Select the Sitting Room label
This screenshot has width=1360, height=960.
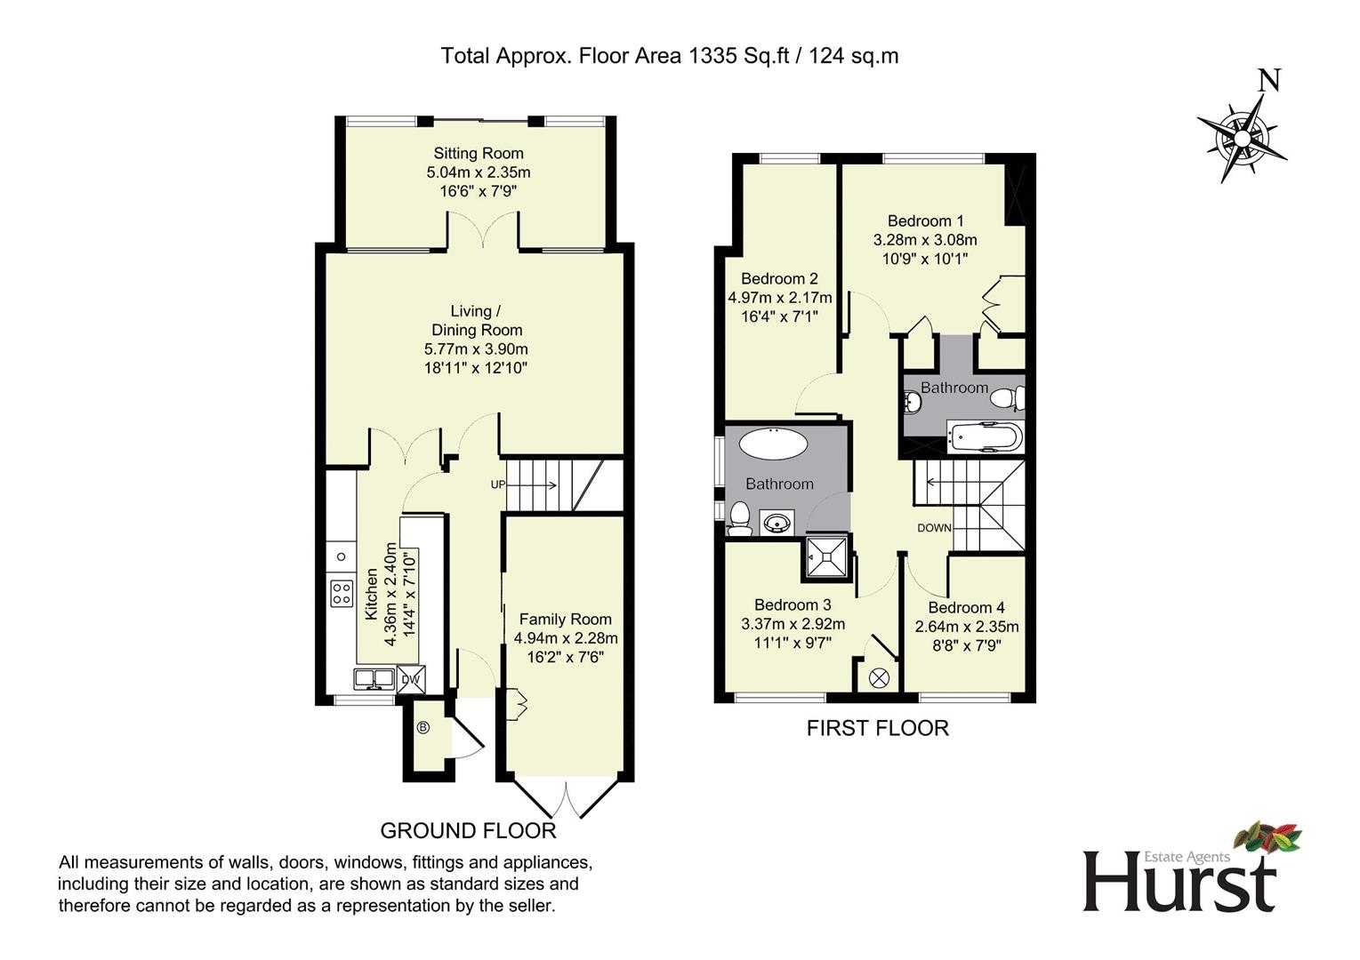click(479, 153)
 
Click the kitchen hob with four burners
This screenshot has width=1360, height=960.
click(342, 593)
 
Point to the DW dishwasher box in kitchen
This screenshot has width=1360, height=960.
click(410, 679)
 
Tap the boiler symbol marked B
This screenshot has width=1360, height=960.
click(423, 727)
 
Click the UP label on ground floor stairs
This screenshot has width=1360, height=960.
click(497, 484)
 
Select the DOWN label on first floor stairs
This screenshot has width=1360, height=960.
click(934, 528)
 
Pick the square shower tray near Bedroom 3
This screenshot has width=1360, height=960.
click(827, 557)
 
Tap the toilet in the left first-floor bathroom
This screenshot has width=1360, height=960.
click(740, 517)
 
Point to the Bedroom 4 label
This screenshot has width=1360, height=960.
click(966, 607)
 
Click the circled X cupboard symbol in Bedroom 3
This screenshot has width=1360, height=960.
click(879, 677)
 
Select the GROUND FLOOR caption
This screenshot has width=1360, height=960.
click(468, 830)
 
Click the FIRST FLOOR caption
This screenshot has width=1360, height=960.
click(877, 728)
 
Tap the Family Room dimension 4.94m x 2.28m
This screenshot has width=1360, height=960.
click(565, 638)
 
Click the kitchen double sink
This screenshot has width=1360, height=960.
click(374, 679)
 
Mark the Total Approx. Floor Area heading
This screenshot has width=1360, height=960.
click(670, 56)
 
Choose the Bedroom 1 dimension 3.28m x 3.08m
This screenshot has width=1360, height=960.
click(925, 240)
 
